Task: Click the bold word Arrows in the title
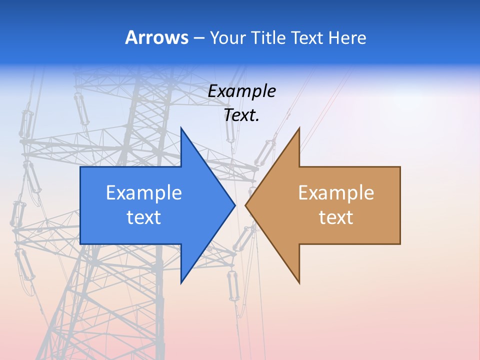[156, 37]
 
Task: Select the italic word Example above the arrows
[242, 91]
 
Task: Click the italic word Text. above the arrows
[242, 115]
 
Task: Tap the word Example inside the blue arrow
[144, 192]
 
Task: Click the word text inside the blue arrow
[144, 217]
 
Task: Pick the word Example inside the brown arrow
[336, 192]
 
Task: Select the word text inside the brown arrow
[336, 217]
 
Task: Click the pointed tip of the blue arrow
[234, 205]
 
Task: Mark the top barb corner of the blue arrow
[181, 128]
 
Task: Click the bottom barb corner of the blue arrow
[181, 282]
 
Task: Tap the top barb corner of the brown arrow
[299, 128]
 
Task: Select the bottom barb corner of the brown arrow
[299, 282]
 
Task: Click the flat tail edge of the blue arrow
[80, 205]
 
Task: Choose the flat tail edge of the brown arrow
[400, 205]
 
